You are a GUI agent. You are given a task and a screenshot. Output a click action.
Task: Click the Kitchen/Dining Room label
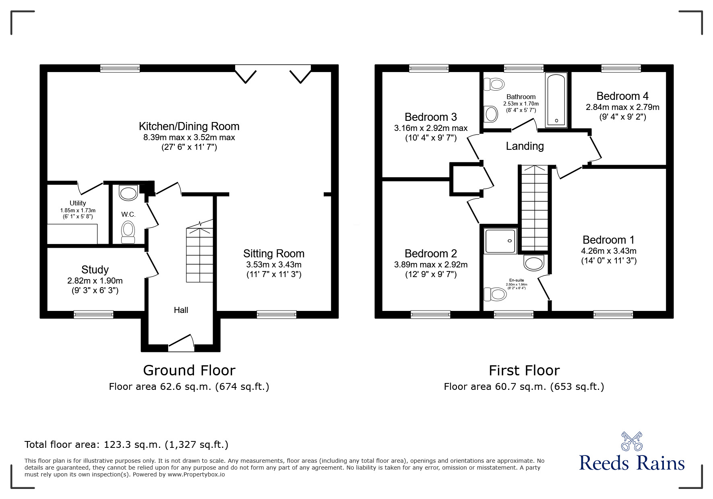click(189, 126)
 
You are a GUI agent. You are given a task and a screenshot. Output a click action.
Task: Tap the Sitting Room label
click(274, 254)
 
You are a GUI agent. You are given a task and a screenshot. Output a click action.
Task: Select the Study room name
click(95, 270)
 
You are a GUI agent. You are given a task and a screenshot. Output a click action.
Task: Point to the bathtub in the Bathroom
click(556, 100)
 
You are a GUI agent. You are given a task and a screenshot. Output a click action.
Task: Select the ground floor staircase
click(200, 251)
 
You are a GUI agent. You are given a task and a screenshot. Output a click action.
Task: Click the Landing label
click(525, 146)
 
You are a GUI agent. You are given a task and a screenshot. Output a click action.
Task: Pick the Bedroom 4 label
click(622, 96)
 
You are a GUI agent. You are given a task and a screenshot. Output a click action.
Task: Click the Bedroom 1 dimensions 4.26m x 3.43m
click(608, 251)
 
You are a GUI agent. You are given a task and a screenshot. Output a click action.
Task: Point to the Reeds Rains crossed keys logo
click(632, 441)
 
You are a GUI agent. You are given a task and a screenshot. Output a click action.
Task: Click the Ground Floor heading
click(189, 370)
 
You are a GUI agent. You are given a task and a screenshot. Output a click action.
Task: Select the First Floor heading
click(524, 370)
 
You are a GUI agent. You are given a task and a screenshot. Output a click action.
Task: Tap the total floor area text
click(126, 445)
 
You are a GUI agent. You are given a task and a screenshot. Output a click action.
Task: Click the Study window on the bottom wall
click(93, 315)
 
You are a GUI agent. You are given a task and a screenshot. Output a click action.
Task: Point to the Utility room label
click(78, 203)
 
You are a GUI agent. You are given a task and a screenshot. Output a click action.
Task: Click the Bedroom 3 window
click(429, 68)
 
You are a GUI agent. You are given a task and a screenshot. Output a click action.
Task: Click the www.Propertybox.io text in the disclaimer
click(196, 474)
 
